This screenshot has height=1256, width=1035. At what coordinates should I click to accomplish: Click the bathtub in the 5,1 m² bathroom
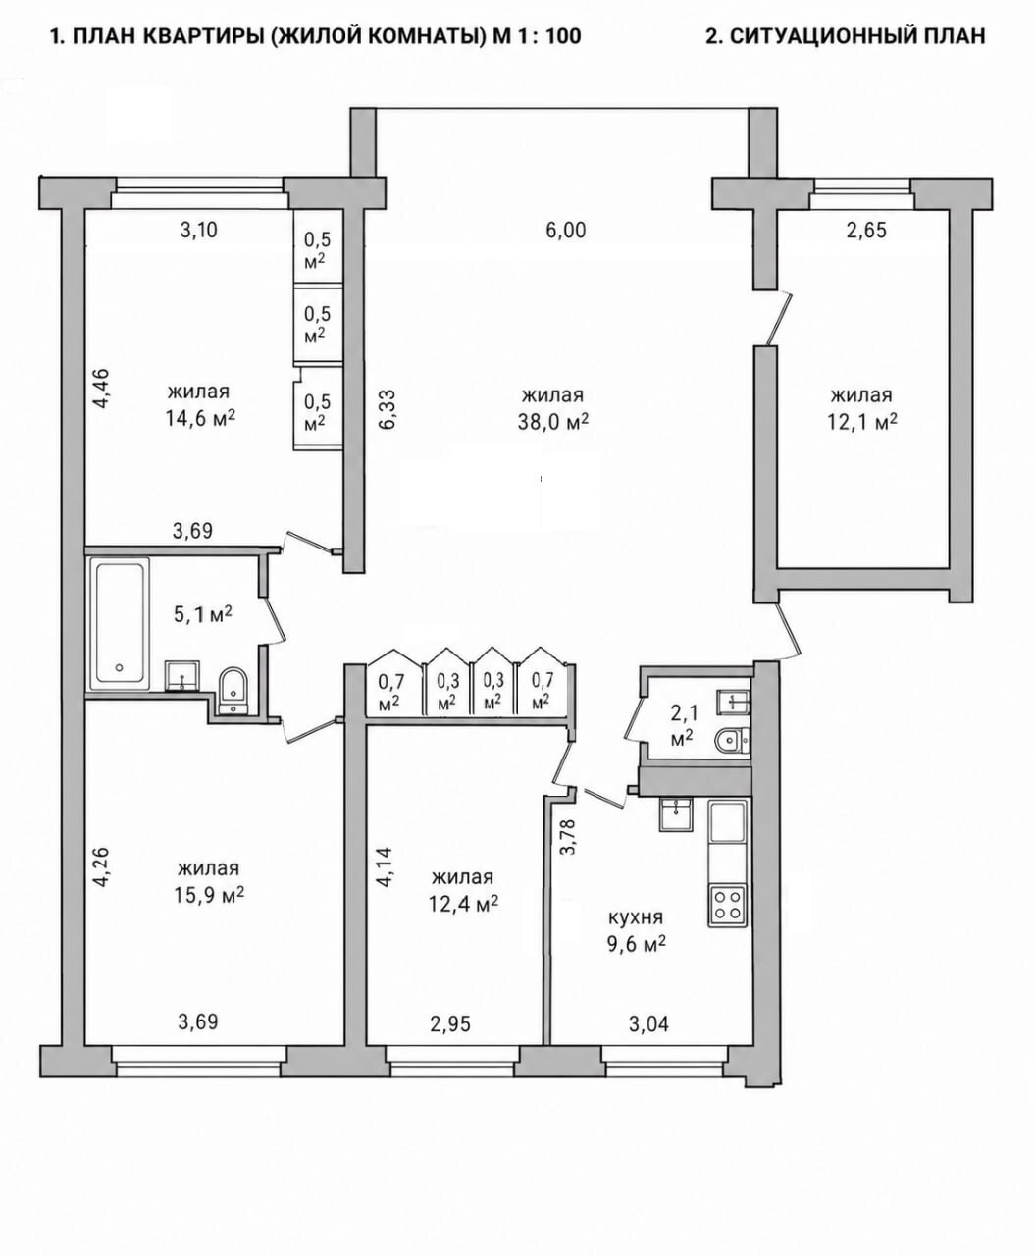[119, 624]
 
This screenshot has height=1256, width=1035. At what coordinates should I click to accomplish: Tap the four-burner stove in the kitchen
[727, 906]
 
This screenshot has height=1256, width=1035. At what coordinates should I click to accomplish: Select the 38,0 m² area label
[553, 422]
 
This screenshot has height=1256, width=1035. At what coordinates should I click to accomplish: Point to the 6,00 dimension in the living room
[566, 231]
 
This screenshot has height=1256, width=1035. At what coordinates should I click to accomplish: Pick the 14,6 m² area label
[200, 418]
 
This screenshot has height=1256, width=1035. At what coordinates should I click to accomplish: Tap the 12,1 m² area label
[862, 422]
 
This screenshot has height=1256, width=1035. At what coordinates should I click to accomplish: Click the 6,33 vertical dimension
[388, 409]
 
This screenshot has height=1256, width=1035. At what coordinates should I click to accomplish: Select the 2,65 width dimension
[866, 231]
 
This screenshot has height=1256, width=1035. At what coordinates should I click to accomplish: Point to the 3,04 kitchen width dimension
[648, 1023]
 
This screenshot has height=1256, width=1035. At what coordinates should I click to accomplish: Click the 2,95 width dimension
[451, 1023]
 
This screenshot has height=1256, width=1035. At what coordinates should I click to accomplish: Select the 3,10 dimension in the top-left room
[198, 230]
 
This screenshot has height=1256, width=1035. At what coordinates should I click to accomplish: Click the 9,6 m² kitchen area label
[636, 943]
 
